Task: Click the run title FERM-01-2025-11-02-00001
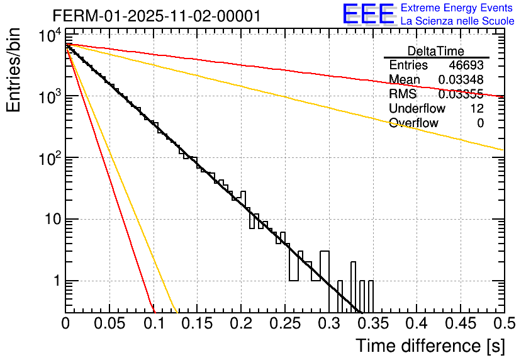click(x=156, y=15)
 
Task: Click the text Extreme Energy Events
click(x=457, y=8)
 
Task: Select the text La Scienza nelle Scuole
click(x=457, y=21)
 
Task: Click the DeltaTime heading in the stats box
click(x=436, y=51)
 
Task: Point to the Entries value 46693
click(x=466, y=65)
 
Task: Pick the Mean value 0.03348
click(x=461, y=80)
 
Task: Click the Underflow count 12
click(x=477, y=109)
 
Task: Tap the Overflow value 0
click(x=480, y=123)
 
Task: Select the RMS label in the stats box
click(x=403, y=94)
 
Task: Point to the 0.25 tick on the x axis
click(x=285, y=324)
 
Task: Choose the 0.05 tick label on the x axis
click(x=109, y=324)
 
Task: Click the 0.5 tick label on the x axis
click(x=503, y=324)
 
